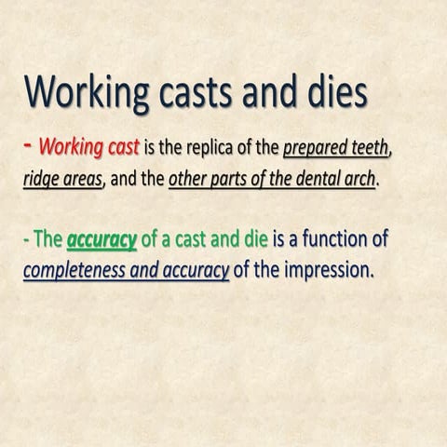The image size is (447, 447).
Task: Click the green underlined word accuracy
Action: (102, 241)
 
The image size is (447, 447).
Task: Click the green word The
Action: (47, 240)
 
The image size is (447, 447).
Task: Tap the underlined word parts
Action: (230, 179)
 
